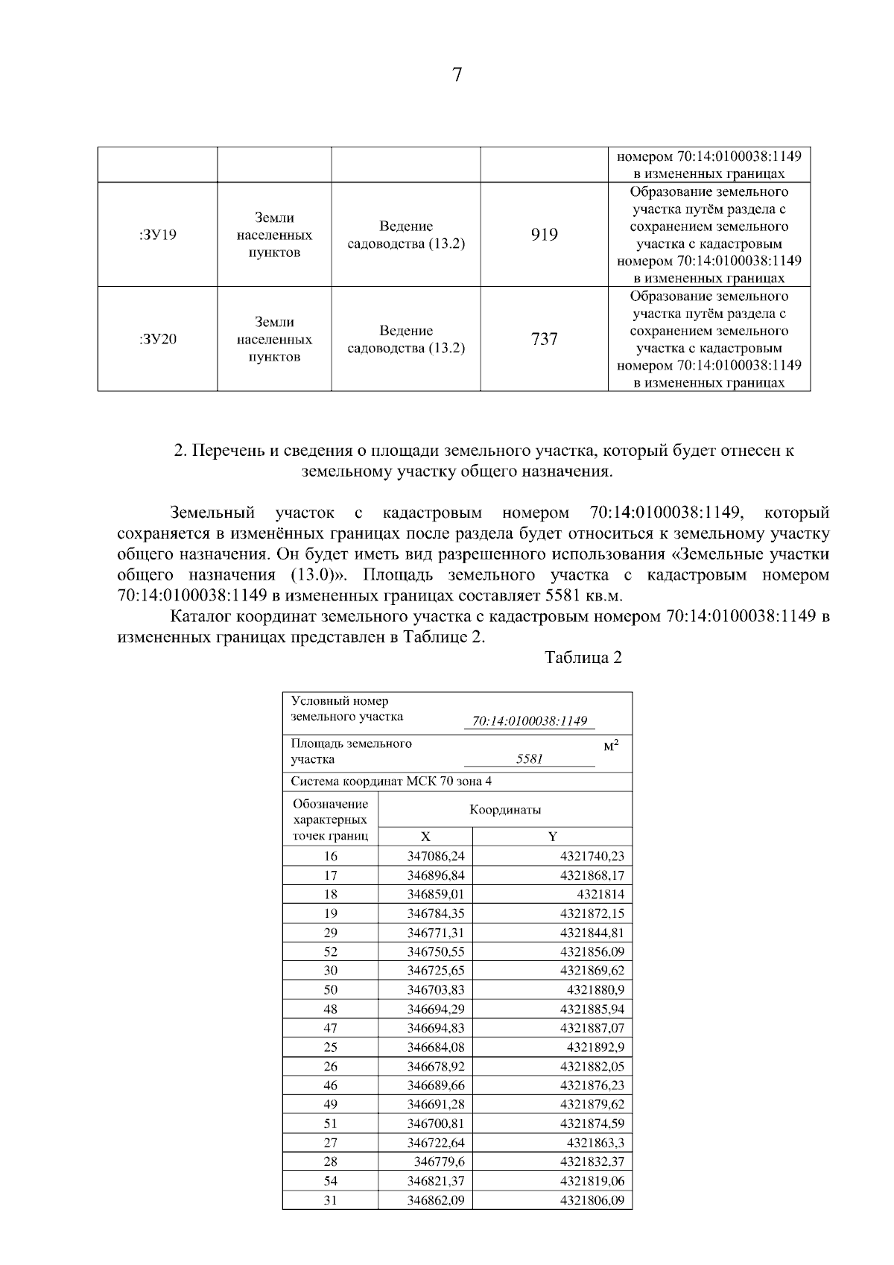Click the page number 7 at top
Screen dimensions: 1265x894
tap(457, 75)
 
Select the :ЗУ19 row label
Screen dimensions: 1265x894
tap(158, 235)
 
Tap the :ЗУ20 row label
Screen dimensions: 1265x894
tap(158, 339)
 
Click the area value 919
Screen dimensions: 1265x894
tap(544, 235)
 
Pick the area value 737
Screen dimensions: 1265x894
tap(544, 339)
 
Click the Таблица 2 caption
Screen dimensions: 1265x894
tap(583, 658)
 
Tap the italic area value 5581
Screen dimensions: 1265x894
tap(530, 758)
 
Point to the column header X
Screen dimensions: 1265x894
tap(425, 837)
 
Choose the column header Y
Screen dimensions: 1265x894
tap(553, 837)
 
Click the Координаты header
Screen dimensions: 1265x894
tap(505, 810)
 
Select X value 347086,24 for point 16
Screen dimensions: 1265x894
tap(436, 856)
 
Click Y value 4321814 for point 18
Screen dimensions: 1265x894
tap(600, 894)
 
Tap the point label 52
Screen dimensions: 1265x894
tap(330, 951)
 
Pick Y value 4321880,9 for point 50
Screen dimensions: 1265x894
tap(595, 989)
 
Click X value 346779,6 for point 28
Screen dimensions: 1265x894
tap(440, 1161)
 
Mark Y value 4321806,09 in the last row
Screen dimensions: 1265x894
tap(592, 1199)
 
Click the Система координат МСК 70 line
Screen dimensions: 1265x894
tap(391, 781)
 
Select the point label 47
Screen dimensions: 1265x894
tap(330, 1027)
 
